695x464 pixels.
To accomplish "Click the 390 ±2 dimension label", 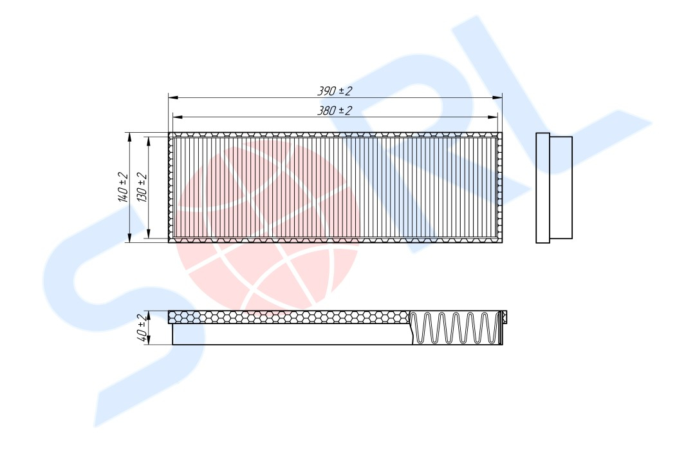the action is click(334, 91).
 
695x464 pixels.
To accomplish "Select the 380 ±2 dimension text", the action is click(334, 111).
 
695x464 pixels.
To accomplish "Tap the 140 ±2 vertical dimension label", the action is click(123, 187).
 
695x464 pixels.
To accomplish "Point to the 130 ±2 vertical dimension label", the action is click(142, 187).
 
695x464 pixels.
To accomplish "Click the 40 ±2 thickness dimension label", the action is click(142, 328).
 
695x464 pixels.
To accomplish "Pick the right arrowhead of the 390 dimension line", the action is click(497, 97).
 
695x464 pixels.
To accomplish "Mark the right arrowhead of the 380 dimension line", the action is click(492, 117).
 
